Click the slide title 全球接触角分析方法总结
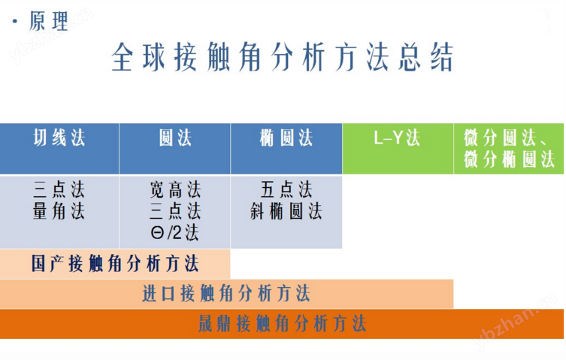coord(282,57)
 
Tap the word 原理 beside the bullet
coord(48,21)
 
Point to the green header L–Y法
coord(397,138)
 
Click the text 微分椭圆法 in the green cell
coord(509,159)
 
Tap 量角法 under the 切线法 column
coord(59,211)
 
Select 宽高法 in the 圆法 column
coord(175,190)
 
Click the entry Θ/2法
coord(174,232)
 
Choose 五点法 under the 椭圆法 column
coord(286,190)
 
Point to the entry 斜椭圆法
coord(286,211)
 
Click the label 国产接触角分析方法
coord(115,263)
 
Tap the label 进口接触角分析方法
coord(226,293)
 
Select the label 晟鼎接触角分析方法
coord(283,323)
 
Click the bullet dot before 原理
coord(15,22)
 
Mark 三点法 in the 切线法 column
coord(59,190)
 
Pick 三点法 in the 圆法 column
coord(175,211)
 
